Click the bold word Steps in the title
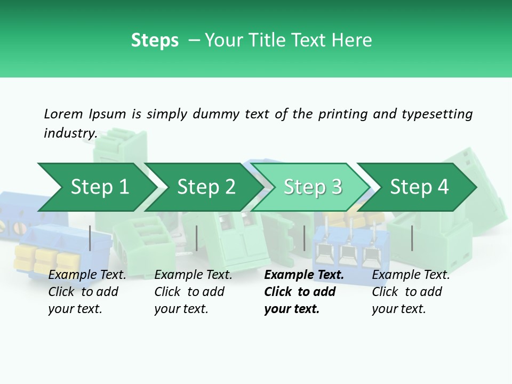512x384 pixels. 155,40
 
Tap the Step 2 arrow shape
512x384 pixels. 204,187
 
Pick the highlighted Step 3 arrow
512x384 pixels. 311,187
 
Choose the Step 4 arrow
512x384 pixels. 417,187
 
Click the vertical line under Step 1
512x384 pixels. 90,238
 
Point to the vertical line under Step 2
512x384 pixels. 196,238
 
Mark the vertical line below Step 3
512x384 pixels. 304,238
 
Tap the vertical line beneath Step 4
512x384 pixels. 412,238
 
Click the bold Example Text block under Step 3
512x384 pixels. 304,292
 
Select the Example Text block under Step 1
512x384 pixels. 87,292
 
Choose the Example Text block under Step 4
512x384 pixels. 411,292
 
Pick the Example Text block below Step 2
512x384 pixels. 193,292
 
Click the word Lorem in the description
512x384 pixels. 63,114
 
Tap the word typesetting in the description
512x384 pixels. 437,115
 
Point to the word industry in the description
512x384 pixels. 71,133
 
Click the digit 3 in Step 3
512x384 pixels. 337,187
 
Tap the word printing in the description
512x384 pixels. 343,115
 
